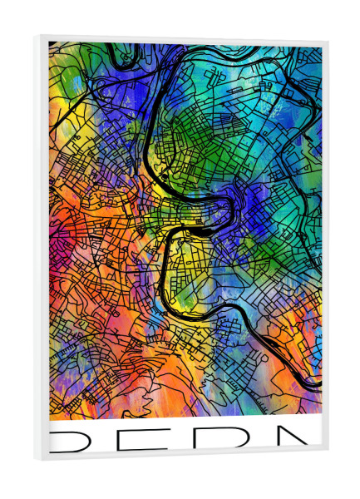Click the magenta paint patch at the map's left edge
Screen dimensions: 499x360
click(53, 249)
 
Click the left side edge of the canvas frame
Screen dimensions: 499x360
click(38, 249)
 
